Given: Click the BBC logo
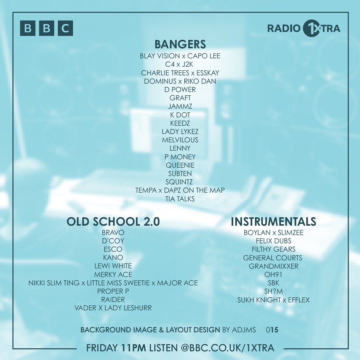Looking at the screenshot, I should (x=46, y=28).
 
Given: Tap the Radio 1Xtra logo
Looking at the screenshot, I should (x=304, y=28).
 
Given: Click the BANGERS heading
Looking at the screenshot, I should (x=180, y=44).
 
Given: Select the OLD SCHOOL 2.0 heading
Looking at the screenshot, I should (x=113, y=222).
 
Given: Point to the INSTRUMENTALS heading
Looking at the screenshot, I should (x=273, y=222).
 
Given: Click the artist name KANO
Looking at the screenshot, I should (x=113, y=257).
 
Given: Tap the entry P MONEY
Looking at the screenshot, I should (x=180, y=157).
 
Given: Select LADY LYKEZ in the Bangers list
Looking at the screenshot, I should (x=180, y=131).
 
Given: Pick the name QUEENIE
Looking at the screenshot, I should (x=180, y=165).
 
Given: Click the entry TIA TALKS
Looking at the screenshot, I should (x=180, y=199).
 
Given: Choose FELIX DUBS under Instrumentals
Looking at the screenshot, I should (x=273, y=241).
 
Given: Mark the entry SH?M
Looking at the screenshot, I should (x=273, y=291).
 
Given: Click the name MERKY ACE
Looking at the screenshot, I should (x=113, y=274).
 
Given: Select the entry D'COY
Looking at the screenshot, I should (x=113, y=241).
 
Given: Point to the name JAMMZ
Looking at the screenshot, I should (x=180, y=106).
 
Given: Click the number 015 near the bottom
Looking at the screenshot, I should (x=272, y=330).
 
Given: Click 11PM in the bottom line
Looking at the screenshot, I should (x=133, y=348).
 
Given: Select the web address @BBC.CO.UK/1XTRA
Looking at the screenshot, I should (x=228, y=348).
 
